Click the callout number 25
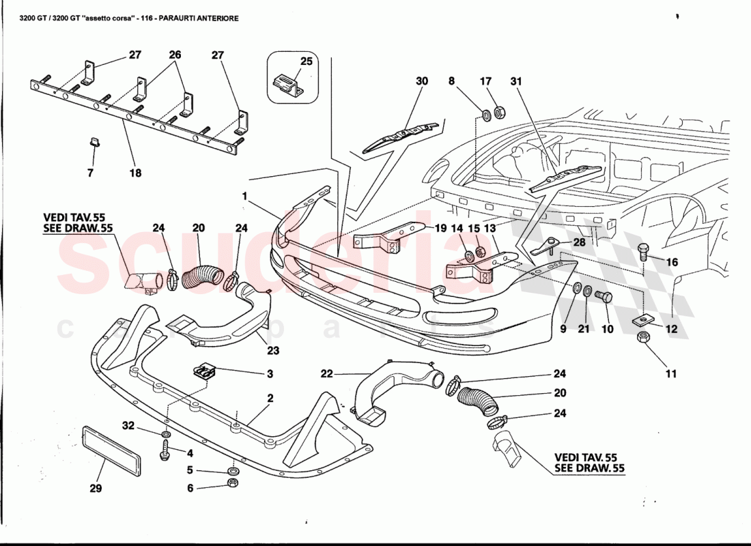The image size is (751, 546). pos(307,61)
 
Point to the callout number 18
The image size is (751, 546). pos(135,173)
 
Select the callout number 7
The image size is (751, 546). pos(90,173)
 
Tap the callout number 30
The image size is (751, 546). pos(422,81)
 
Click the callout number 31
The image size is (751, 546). pos(515,81)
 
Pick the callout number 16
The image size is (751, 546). pos(672,262)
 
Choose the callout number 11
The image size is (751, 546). pos(671,373)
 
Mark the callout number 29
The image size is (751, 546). pos(96,488)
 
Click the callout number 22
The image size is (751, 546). pos(326,373)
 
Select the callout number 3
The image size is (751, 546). pos(270,373)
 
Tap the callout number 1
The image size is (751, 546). pos(244,196)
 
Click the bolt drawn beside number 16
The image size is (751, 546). pos(643,253)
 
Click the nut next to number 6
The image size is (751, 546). pos(231,484)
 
